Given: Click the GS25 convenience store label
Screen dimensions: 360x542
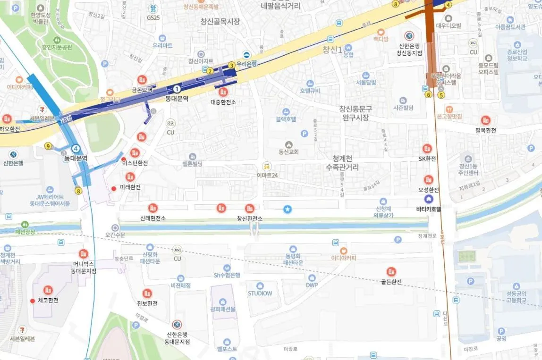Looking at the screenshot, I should [153, 17].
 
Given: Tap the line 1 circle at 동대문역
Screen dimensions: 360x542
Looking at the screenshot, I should [177, 88].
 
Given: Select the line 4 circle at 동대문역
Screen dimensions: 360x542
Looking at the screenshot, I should [76, 148].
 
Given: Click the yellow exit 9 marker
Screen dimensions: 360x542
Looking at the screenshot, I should [48, 146].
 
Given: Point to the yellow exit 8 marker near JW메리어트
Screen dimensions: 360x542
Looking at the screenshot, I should [78, 191].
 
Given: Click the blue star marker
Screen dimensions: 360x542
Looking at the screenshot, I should [288, 209].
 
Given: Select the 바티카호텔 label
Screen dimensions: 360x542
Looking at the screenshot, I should [428, 209].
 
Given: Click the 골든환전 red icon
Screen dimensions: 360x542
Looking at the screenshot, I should [391, 271].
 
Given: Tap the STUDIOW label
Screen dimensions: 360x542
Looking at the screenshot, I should [260, 293].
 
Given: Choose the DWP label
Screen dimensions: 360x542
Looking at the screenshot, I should [312, 285].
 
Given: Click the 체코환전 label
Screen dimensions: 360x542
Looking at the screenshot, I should [47, 301].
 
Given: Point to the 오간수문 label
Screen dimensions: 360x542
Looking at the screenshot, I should [115, 234].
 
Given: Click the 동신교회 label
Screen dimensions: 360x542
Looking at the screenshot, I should [288, 152].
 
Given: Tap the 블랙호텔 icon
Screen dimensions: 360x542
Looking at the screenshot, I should [286, 111].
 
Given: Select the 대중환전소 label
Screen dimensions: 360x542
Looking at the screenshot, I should [223, 101].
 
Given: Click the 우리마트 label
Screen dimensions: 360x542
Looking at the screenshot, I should [162, 45].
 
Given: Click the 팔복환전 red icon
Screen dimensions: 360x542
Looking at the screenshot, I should [485, 121].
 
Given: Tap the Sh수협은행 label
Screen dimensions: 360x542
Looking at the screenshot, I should [227, 275].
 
